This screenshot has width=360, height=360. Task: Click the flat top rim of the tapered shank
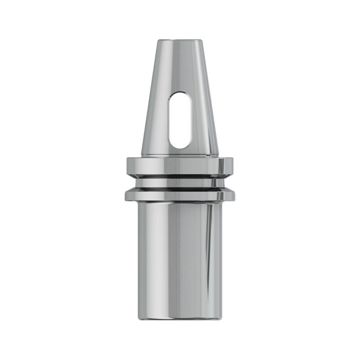click(180, 40)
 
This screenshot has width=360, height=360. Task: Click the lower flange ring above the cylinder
click(180, 195)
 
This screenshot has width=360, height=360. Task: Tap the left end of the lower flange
click(126, 195)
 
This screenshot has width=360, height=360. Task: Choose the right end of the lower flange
click(234, 195)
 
